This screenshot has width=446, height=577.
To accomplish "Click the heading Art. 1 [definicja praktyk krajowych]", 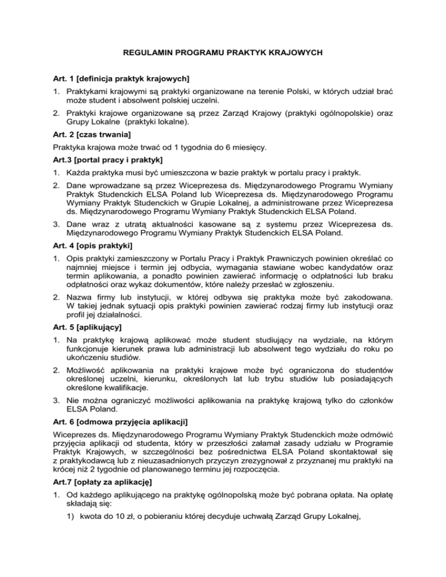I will tap(124, 78).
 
